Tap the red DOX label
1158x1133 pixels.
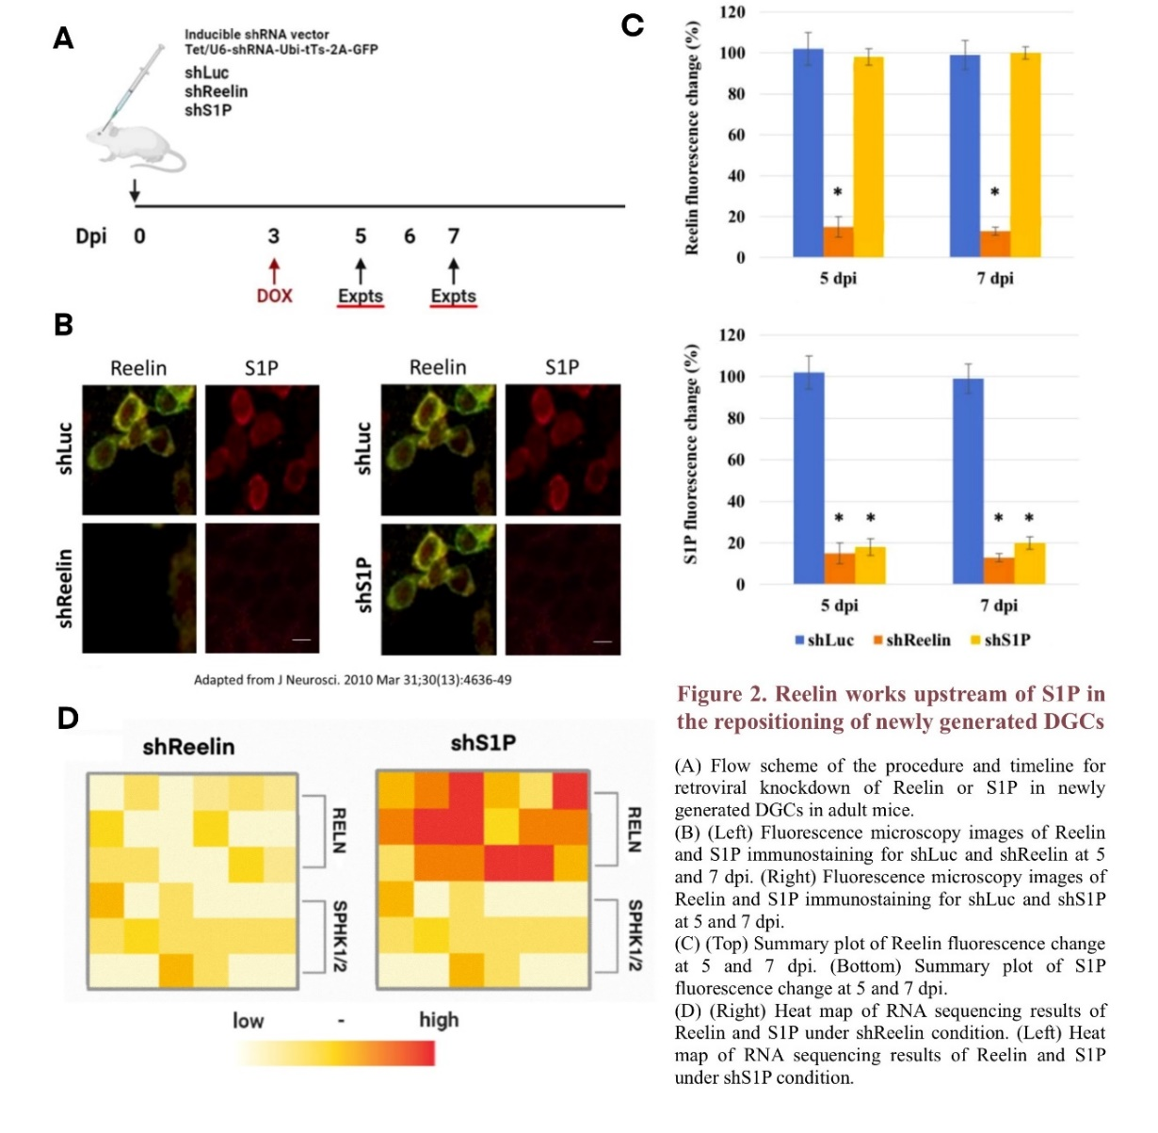[274, 295]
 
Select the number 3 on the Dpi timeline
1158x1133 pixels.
[273, 235]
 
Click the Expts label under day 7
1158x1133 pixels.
[453, 295]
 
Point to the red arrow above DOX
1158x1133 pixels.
[274, 270]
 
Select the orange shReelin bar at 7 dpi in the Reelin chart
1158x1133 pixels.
[995, 243]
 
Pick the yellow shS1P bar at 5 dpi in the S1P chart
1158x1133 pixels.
[870, 565]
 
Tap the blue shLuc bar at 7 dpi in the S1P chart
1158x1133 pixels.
[968, 481]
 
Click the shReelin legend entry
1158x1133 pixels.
[910, 640]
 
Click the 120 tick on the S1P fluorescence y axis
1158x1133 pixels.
[732, 335]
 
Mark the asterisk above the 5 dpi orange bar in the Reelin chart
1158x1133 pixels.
[837, 194]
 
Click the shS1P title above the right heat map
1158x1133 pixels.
[483, 744]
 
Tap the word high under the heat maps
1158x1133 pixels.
[439, 1020]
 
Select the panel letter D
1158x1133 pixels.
[67, 719]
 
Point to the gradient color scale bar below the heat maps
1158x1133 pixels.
[336, 1053]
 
